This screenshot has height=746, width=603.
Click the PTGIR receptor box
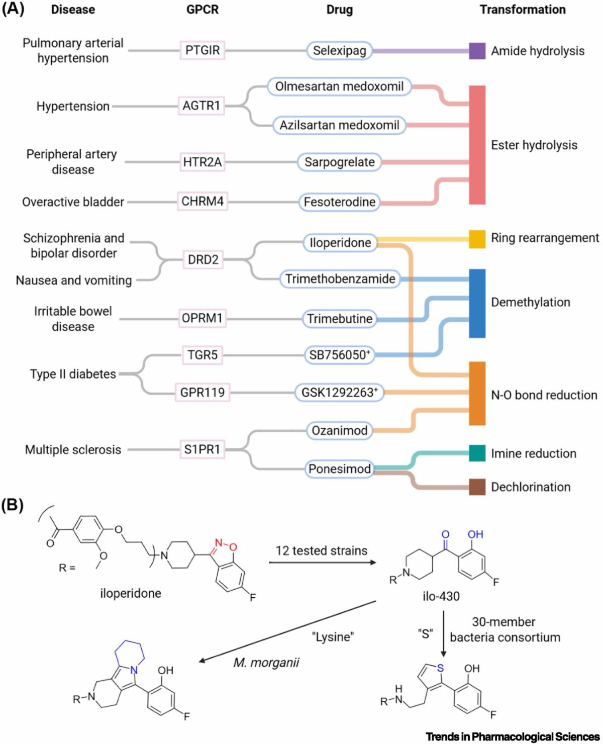point(203,50)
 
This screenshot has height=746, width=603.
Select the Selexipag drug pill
point(339,50)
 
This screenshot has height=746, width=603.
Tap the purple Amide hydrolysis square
point(477,51)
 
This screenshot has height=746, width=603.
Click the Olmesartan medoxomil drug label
point(339,86)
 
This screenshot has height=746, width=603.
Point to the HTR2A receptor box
point(203,162)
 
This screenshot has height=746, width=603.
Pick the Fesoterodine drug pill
point(339,202)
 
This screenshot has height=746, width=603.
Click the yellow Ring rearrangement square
point(477,239)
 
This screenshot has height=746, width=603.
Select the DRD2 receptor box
point(203,260)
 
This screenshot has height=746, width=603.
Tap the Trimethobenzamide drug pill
point(340,278)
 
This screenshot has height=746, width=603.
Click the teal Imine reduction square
point(477,453)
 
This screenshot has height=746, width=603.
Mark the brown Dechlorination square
point(477,487)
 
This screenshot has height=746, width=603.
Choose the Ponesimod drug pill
point(340,469)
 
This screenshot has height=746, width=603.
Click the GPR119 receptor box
point(203,392)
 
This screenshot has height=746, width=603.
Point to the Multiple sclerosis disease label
point(73,449)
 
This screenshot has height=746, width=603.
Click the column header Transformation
point(523,10)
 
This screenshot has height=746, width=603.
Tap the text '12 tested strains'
point(321,550)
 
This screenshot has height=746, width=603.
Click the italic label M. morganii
point(266,662)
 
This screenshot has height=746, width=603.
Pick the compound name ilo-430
point(441,597)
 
